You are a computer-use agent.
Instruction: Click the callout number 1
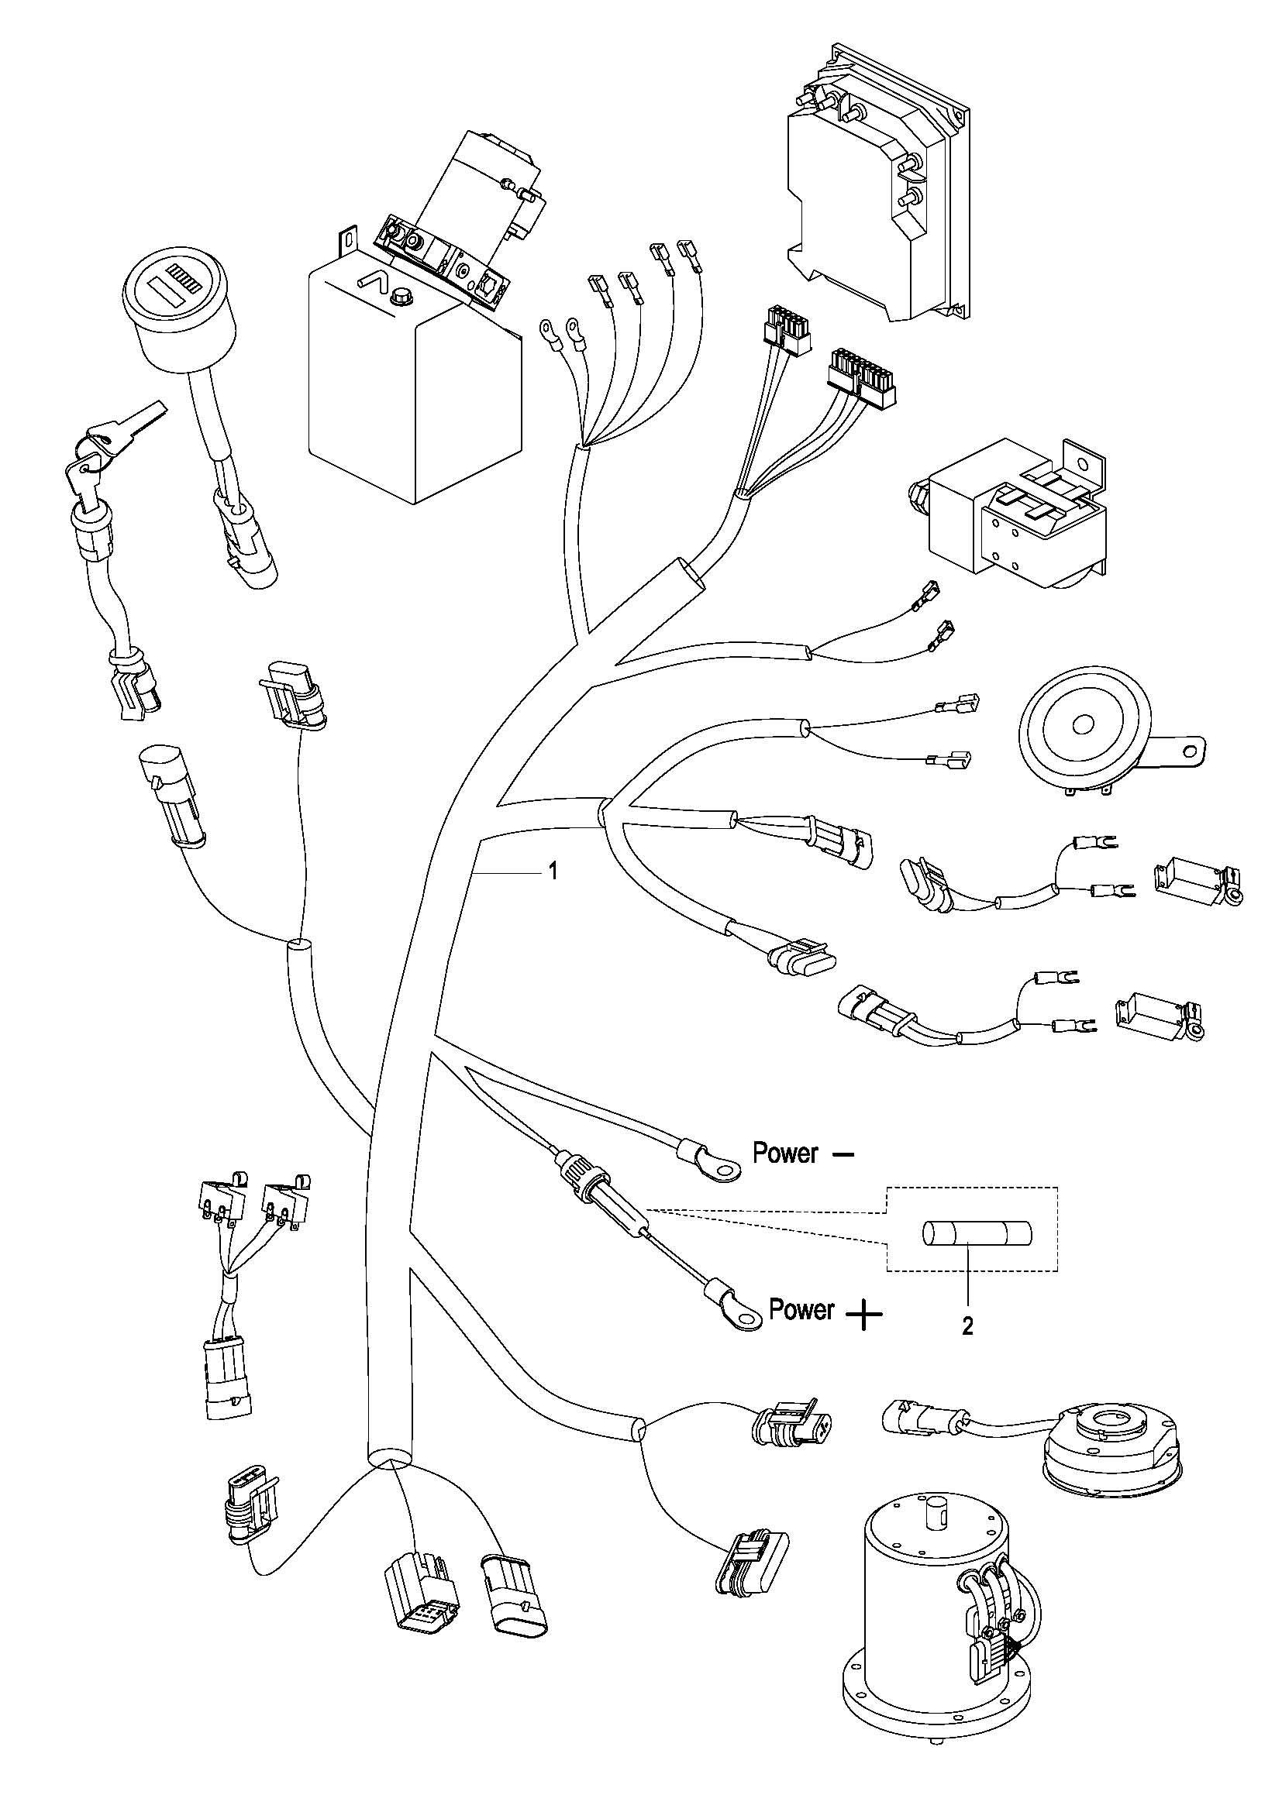click(553, 872)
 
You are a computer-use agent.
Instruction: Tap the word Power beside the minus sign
click(784, 1154)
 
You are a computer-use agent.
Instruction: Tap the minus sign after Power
click(843, 1154)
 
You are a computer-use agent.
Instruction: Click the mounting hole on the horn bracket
click(1195, 746)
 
